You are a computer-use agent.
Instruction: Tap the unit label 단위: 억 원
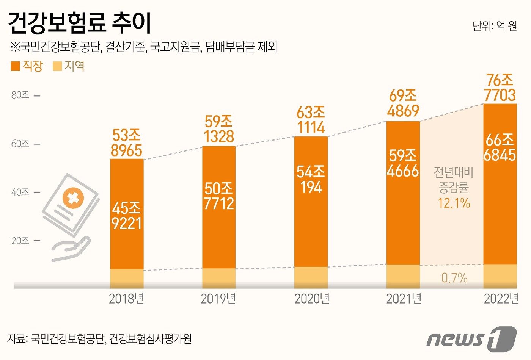tap(495, 26)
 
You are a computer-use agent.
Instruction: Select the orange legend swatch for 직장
tap(15, 66)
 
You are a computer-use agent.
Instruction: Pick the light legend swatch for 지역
tap(57, 66)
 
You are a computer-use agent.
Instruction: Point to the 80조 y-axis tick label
tap(20, 95)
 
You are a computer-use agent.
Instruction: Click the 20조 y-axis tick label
tap(20, 241)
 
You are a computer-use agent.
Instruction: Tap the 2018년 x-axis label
tap(126, 299)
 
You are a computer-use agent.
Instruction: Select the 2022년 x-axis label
tap(501, 299)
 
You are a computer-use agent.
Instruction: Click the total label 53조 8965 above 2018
tap(126, 143)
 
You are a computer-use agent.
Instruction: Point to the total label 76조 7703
tap(500, 88)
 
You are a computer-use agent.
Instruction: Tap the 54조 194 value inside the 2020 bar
tap(311, 180)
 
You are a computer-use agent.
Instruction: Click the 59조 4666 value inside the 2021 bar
tap(403, 163)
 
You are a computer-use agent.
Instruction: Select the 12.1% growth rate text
tap(454, 203)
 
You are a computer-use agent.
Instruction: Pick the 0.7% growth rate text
tap(454, 278)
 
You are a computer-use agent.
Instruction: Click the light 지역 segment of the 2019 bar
tap(219, 278)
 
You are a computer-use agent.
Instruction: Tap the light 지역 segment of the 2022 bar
tap(500, 276)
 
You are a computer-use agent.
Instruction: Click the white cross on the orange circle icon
tap(73, 198)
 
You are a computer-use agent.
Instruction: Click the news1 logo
tap(471, 338)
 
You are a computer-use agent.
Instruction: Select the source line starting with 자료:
tap(99, 338)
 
